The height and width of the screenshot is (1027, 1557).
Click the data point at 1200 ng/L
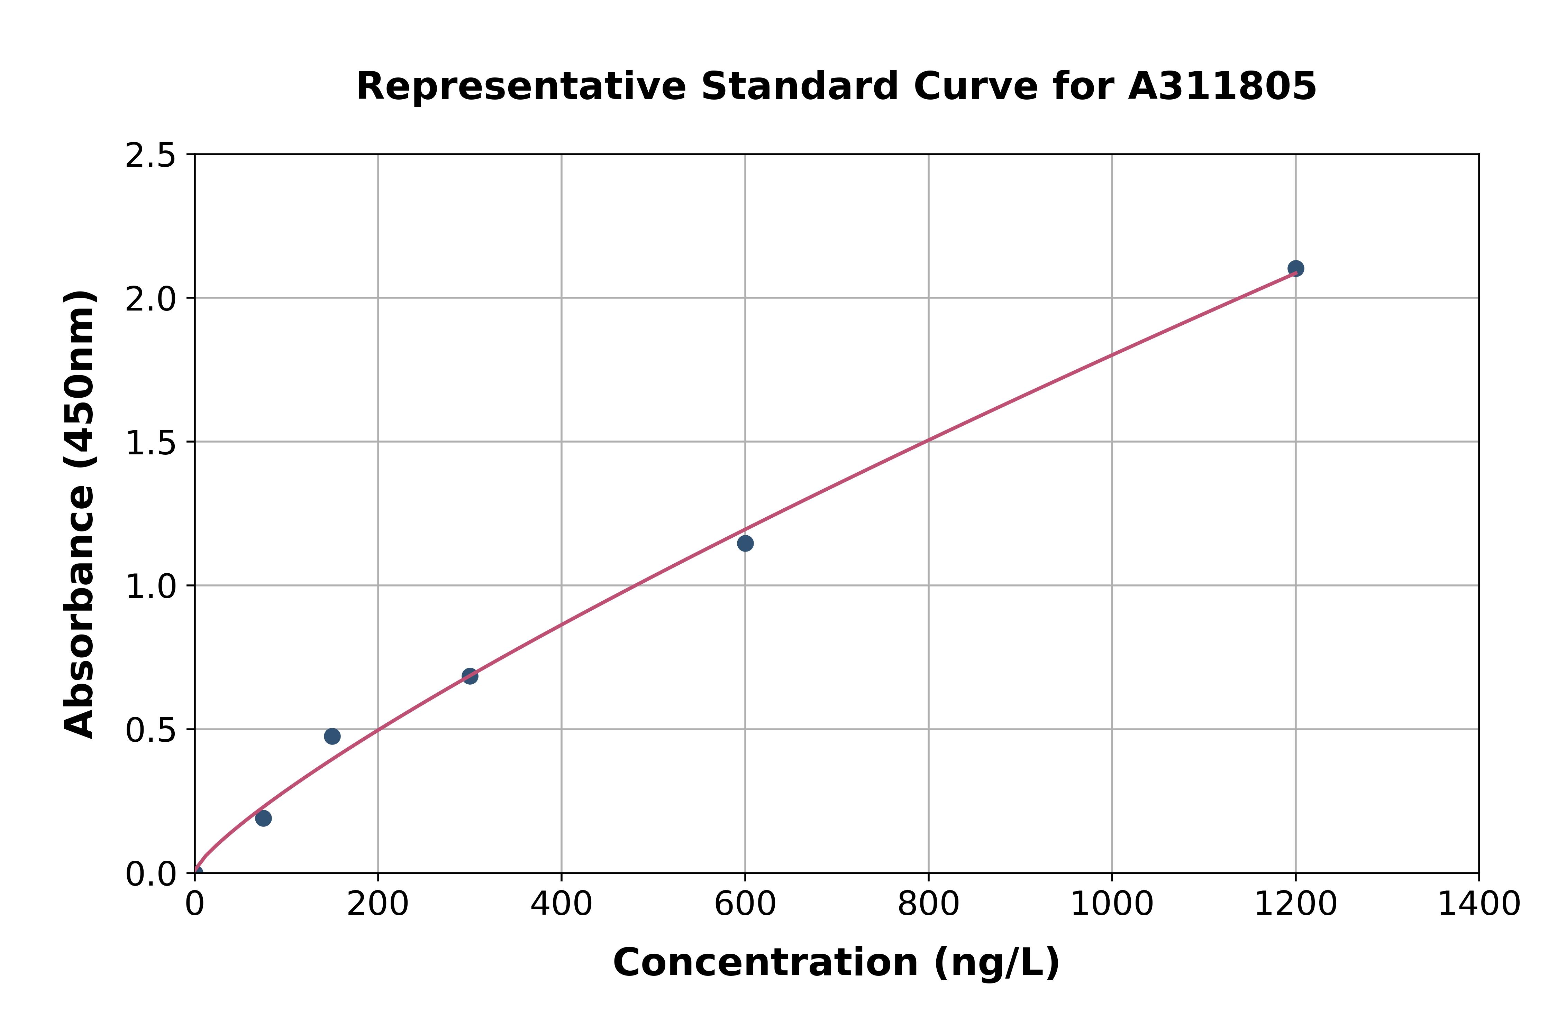click(1295, 269)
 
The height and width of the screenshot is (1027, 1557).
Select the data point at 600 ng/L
click(745, 543)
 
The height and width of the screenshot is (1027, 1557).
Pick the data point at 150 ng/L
click(332, 736)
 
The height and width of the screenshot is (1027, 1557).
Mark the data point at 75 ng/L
click(263, 818)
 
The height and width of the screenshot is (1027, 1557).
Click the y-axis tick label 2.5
click(151, 156)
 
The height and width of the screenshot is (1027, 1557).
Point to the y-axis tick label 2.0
click(151, 299)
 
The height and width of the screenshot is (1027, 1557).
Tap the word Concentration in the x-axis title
click(765, 963)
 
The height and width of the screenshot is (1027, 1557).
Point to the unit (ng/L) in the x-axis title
click(996, 963)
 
